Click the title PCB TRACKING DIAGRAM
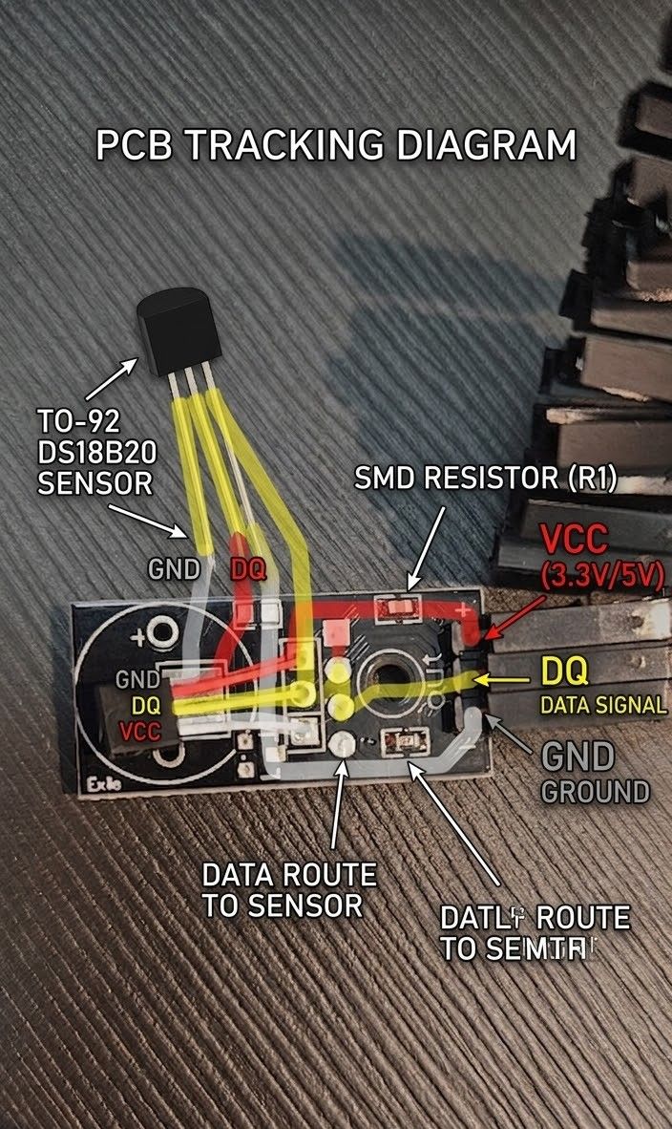pos(336,146)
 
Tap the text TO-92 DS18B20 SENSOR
pos(94,451)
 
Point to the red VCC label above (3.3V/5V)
pos(574,540)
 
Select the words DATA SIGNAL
pos(601,706)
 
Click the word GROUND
pos(595,791)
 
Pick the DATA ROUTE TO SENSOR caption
pos(288,889)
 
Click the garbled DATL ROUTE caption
pos(534,933)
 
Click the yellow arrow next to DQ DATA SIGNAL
pos(503,679)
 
